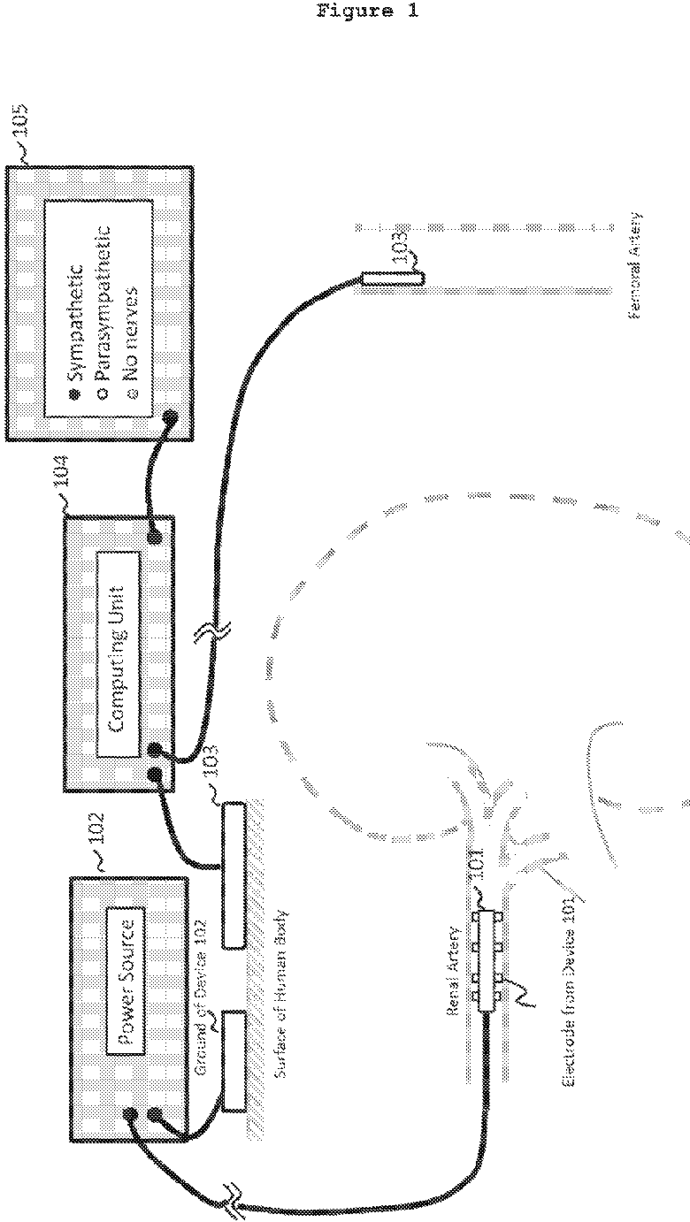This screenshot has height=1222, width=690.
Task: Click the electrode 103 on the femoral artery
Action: [x=392, y=280]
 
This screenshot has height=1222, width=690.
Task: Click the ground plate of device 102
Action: [x=234, y=1061]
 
